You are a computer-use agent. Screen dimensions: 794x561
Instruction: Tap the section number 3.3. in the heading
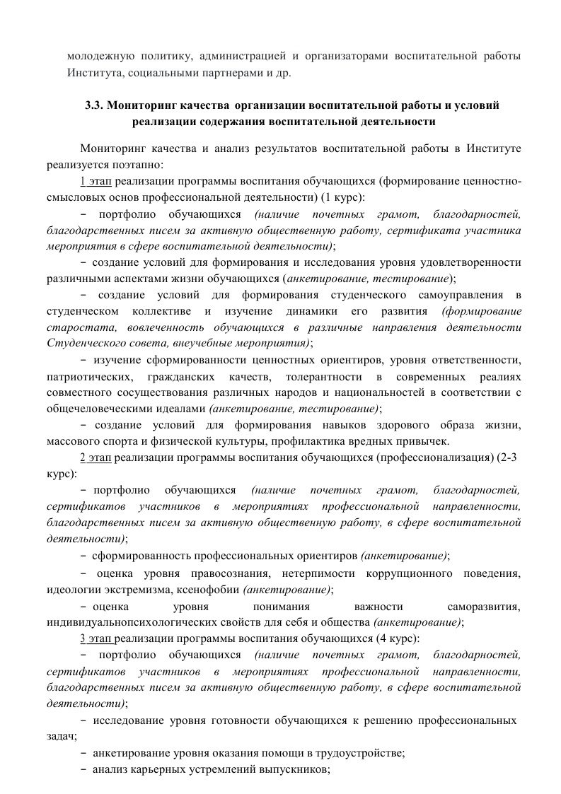[96, 105]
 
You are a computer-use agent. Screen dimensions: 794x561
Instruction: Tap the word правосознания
[226, 572]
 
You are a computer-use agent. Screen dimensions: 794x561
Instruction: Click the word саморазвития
[485, 606]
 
